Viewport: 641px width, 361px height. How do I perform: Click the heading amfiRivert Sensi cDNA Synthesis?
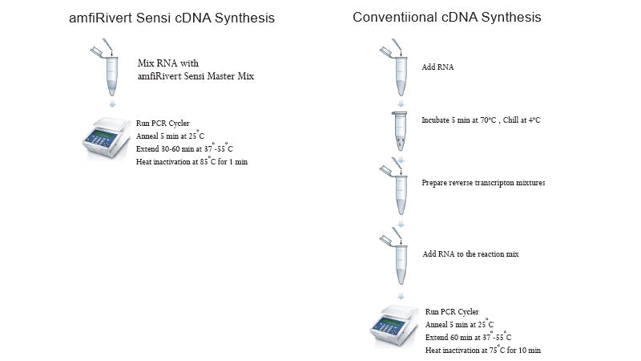coord(171,18)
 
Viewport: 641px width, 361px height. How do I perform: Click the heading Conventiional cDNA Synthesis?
coord(458,17)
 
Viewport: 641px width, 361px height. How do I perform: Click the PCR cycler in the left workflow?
coord(107,141)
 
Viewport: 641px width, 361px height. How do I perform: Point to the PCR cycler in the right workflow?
coord(396,330)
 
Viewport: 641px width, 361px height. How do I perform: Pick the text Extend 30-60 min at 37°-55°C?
coord(184,148)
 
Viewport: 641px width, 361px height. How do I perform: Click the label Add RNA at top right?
coord(437,67)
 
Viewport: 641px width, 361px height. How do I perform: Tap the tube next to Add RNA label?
coord(398,69)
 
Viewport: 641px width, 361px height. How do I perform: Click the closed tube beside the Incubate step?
coord(398,132)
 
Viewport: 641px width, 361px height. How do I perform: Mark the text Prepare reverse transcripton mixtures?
coord(482,183)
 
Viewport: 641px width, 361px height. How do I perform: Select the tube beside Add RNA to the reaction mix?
coord(398,261)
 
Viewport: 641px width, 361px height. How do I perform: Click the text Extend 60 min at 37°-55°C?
coord(468,337)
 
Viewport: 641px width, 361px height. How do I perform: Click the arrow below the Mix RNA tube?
coord(111,104)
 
